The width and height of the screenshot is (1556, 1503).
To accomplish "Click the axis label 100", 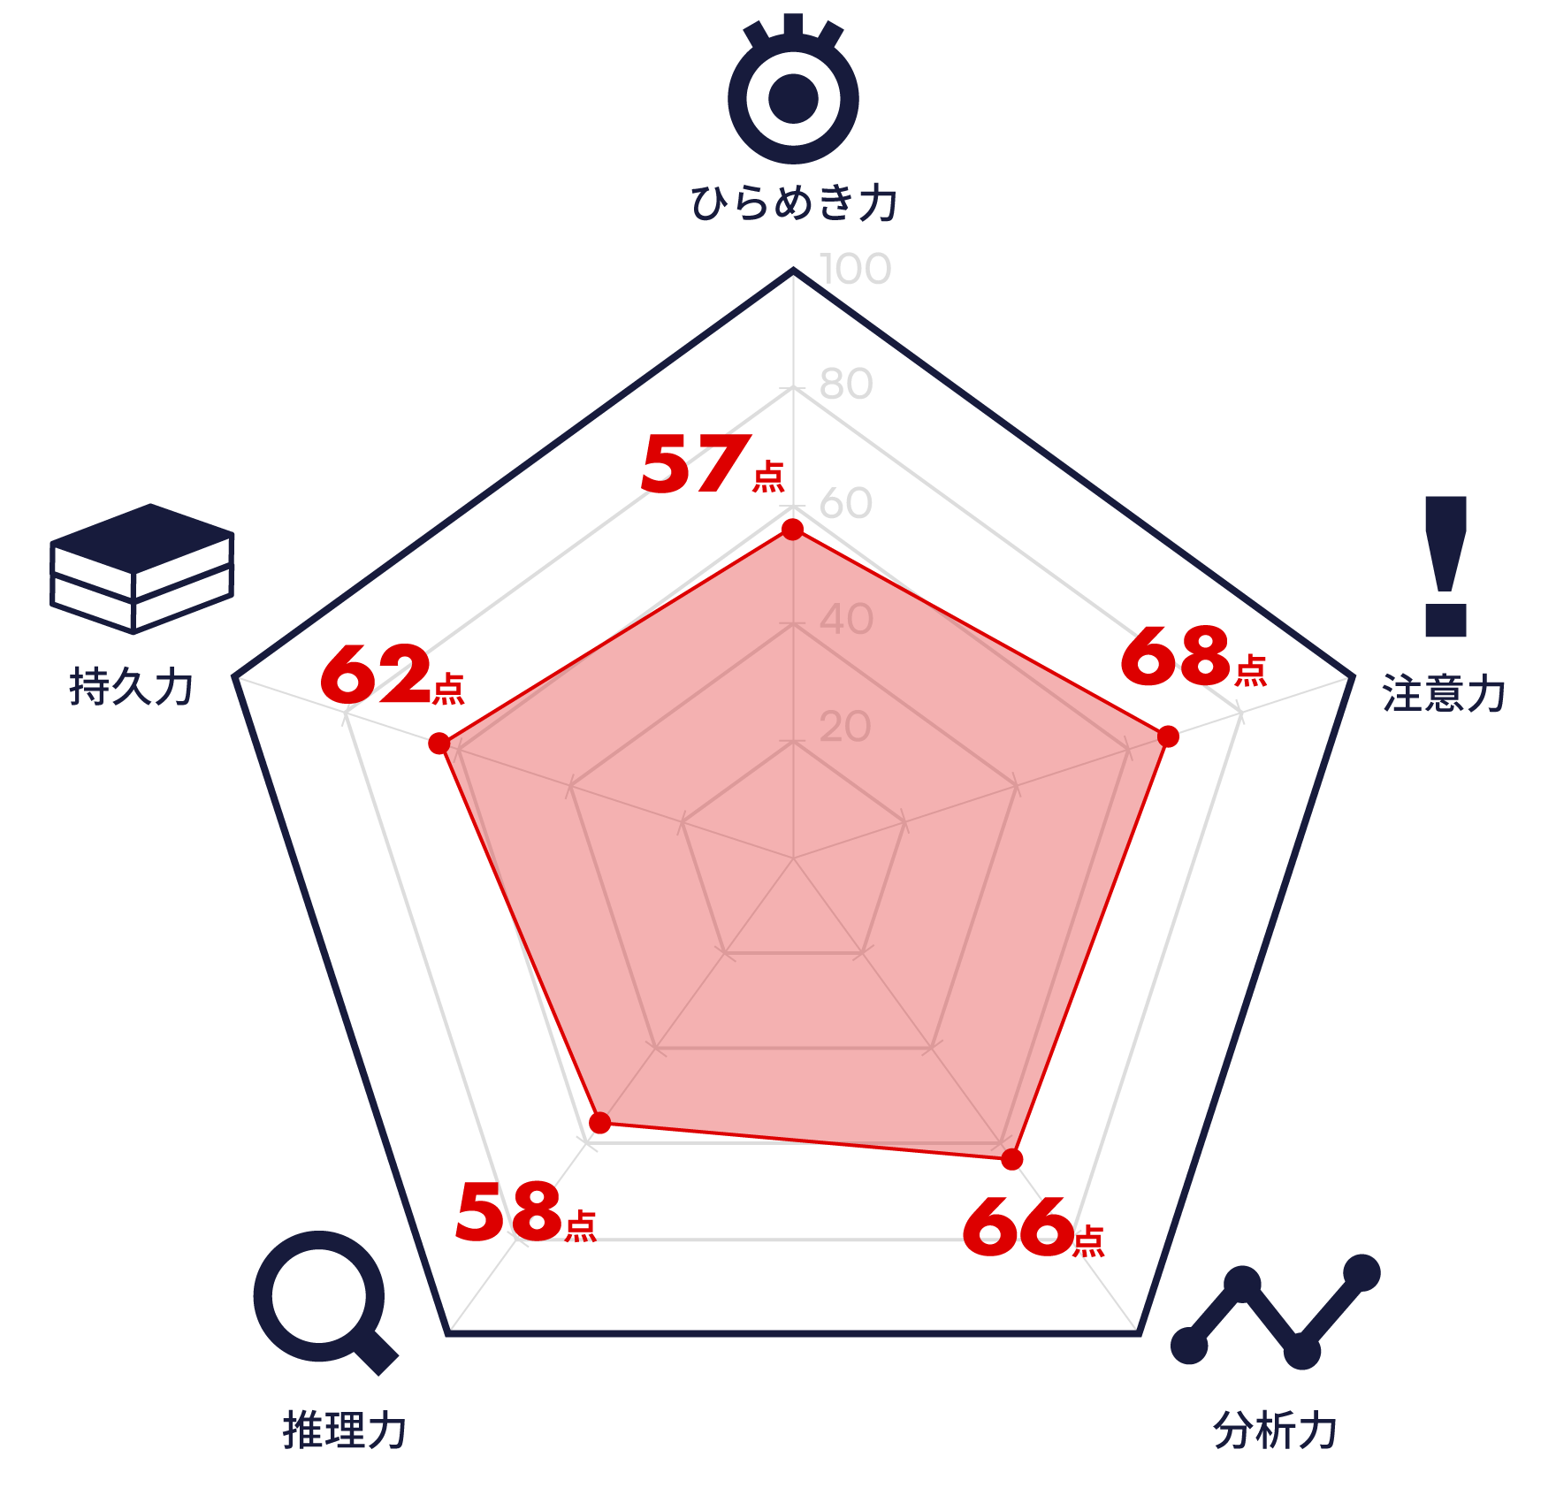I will click(x=855, y=269).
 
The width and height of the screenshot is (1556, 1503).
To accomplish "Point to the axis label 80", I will click(x=846, y=384).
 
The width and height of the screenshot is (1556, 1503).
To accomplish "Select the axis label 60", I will click(x=846, y=503).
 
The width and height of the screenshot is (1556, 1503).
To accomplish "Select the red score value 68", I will click(x=1175, y=656).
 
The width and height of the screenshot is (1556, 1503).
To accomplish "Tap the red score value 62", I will click(x=375, y=675).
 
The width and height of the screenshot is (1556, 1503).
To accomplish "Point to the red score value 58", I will click(x=508, y=1212).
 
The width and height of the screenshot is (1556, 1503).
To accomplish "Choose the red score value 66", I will click(x=1018, y=1227).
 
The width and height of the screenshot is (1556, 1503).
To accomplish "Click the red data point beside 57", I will click(x=793, y=529).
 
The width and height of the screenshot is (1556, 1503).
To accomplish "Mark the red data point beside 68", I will click(x=1168, y=736).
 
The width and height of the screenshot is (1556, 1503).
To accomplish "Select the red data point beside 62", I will click(x=439, y=743).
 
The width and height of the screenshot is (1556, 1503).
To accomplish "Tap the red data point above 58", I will click(x=599, y=1124).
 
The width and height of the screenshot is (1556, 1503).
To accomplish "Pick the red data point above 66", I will click(x=1011, y=1159).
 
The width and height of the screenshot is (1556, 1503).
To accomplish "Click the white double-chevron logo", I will click(x=141, y=584).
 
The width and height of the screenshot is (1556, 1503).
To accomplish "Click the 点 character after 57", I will click(x=768, y=477).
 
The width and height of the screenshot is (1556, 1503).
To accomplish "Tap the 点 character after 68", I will click(x=1251, y=671).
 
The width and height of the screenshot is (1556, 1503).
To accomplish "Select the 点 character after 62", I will click(x=448, y=689).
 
